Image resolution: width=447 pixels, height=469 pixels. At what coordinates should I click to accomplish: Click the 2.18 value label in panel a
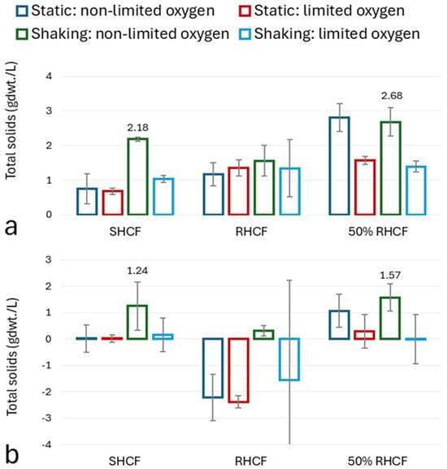pos(137,128)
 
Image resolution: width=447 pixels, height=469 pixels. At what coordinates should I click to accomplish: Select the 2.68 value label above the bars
pos(392,96)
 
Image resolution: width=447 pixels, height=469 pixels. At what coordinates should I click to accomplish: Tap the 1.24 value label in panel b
pos(137,271)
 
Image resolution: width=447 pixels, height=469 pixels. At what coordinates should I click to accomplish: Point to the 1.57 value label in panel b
pos(390,276)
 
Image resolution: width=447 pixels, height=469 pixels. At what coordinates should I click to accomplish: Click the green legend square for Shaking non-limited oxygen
pos(22,34)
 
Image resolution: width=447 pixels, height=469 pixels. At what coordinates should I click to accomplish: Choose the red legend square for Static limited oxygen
pos(245,11)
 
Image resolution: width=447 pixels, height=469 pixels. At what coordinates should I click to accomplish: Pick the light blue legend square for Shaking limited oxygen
pos(245,34)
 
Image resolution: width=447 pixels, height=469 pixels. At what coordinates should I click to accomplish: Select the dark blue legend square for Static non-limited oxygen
pos(22,11)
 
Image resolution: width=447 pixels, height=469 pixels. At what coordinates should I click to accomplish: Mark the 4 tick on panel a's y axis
pos(49,76)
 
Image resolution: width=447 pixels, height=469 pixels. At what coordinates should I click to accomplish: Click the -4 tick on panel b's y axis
pos(46,445)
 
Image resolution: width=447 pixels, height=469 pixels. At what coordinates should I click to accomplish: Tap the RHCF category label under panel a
pos(251,232)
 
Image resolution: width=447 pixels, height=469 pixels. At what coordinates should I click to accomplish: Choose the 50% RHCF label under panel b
pos(377,461)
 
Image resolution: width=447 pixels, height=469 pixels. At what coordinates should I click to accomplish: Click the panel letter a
pos(11,228)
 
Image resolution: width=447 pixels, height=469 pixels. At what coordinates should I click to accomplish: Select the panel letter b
pos(12,454)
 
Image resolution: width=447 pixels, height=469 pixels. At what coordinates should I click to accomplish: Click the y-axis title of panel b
pos(12,357)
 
